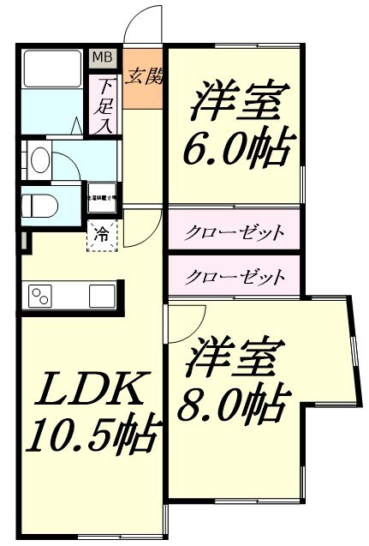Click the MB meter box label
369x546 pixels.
[x=102, y=58]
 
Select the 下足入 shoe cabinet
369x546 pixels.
[x=104, y=105]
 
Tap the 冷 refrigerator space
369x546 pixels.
[x=101, y=233]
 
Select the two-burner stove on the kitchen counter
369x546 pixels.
[x=41, y=297]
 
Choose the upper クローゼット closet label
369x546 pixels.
[x=233, y=231]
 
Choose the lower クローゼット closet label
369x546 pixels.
[x=233, y=276]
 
